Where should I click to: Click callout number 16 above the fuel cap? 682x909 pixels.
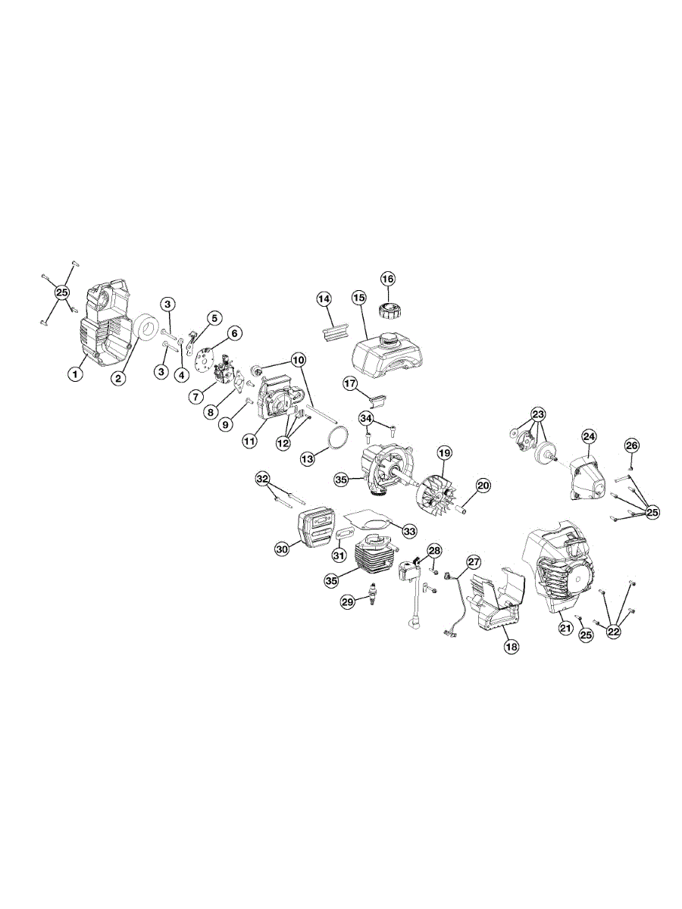point(388,279)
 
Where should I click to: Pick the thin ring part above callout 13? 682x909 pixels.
point(337,436)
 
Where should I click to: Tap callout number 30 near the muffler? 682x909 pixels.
point(283,548)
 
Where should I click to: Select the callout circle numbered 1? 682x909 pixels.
point(75,375)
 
